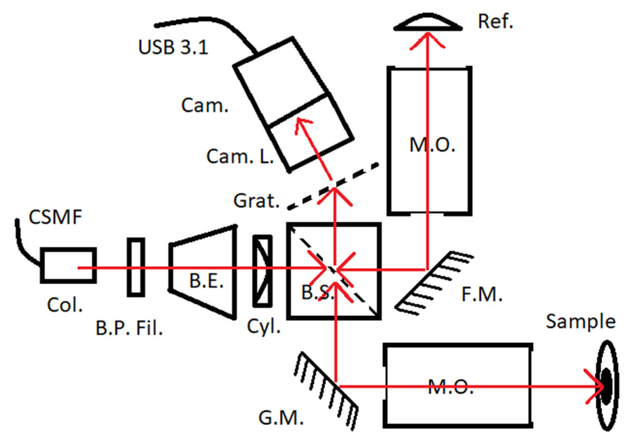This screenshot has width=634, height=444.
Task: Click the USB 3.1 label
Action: (173, 47)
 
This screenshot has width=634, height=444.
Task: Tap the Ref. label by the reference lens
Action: (495, 21)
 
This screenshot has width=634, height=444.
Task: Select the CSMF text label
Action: (55, 217)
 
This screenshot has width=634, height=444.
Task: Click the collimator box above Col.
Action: (68, 265)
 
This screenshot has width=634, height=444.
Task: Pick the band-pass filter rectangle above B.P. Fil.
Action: (136, 267)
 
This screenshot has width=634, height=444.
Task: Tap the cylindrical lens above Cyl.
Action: (262, 271)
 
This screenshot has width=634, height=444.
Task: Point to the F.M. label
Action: (482, 294)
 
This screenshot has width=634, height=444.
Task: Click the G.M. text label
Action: (281, 418)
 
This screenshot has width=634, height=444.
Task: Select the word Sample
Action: (580, 321)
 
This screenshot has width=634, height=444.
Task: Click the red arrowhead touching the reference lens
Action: (427, 39)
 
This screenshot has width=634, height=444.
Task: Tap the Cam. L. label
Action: (240, 156)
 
